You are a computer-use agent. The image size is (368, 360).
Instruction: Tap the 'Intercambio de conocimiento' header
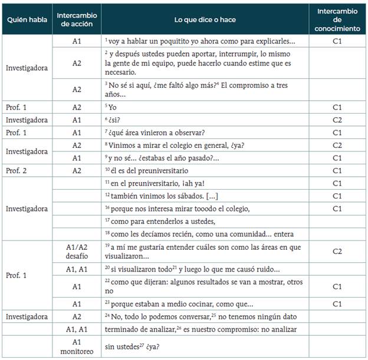click(x=337, y=20)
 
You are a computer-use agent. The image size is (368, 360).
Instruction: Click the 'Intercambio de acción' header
click(x=77, y=20)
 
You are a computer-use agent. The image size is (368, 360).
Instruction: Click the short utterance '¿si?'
click(x=113, y=119)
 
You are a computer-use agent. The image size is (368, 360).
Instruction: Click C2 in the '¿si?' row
click(x=337, y=119)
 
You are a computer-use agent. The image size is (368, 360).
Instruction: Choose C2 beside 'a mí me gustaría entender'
click(x=337, y=252)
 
